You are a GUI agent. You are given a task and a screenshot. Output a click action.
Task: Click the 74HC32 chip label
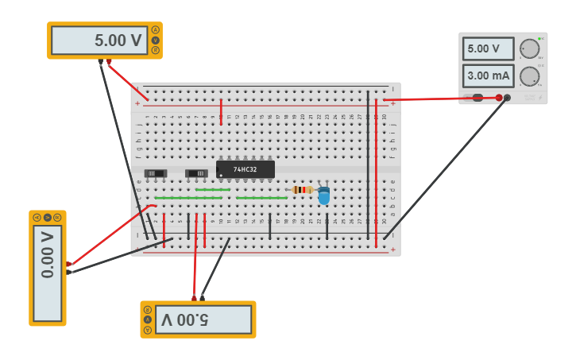pyautogui.click(x=245, y=169)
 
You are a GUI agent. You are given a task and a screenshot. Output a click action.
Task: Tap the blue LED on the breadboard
pyautogui.click(x=323, y=195)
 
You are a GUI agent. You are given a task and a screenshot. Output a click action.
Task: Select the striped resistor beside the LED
pyautogui.click(x=302, y=190)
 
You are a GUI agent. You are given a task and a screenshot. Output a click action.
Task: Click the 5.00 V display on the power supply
pyautogui.click(x=484, y=48)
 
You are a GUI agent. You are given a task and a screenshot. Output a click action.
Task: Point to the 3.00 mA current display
pyautogui.click(x=489, y=76)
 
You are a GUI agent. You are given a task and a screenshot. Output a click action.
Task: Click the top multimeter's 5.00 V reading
pyautogui.click(x=100, y=41)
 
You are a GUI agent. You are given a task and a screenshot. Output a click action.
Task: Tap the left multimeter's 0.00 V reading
pyautogui.click(x=48, y=254)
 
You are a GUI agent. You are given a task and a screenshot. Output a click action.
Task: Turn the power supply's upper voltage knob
pyautogui.click(x=529, y=48)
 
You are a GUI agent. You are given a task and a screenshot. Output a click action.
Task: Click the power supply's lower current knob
pyautogui.click(x=529, y=76)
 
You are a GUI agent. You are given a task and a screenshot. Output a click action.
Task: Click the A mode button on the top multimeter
pyautogui.click(x=156, y=30)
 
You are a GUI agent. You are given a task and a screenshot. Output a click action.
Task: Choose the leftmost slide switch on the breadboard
pyautogui.click(x=156, y=173)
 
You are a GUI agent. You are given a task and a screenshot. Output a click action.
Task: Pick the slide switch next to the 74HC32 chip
pyautogui.click(x=196, y=173)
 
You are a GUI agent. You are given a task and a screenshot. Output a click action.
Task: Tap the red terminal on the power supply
pyautogui.click(x=499, y=98)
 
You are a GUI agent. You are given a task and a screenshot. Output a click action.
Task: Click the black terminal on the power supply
pyautogui.click(x=508, y=98)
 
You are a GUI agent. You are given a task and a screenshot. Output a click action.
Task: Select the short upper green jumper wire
pyautogui.click(x=213, y=189)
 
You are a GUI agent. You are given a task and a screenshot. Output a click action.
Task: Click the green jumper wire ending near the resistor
pyautogui.click(x=261, y=198)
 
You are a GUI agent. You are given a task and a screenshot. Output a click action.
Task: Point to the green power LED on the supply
pyautogui.click(x=539, y=38)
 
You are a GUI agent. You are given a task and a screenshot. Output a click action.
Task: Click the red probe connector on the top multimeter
pyautogui.click(x=109, y=61)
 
